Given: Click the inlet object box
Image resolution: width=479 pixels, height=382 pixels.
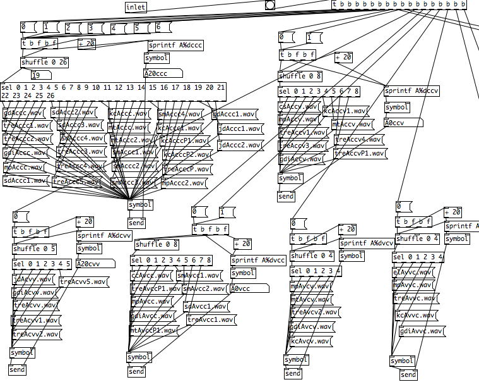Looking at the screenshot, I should (x=136, y=6).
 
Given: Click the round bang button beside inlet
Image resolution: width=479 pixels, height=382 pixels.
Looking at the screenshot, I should (x=270, y=5).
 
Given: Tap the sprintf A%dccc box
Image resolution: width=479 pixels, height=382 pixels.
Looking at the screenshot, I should (x=175, y=46).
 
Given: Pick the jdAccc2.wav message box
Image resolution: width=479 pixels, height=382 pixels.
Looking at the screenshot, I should (x=239, y=145).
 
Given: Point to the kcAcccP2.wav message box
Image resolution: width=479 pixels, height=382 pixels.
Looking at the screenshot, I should (x=187, y=154).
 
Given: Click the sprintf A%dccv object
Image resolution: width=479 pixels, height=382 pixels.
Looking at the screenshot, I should (x=411, y=90).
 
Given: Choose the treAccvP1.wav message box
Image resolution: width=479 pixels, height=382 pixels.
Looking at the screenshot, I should (x=360, y=153).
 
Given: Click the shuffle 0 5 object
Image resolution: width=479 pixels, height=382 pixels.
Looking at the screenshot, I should (x=35, y=249).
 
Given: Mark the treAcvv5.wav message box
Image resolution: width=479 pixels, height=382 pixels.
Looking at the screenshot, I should (x=83, y=282).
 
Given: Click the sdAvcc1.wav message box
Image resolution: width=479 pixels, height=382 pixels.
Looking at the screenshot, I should (x=205, y=306).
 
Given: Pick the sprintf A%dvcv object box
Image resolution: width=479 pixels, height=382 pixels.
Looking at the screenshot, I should (x=367, y=243).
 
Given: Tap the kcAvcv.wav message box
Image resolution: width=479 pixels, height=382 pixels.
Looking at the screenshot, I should (x=310, y=342).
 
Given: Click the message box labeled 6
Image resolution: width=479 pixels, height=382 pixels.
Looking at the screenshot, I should (x=162, y=27).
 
